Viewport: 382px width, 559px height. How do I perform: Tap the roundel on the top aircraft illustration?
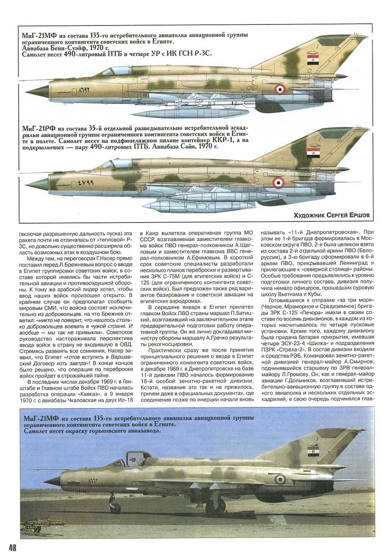(280, 89)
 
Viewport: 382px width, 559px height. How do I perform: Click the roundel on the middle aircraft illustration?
(278, 183)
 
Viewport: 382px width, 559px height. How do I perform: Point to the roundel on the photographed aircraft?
(280, 479)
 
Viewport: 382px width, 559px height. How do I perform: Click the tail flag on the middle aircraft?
(313, 153)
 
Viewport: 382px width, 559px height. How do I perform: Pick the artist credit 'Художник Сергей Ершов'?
(331, 215)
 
